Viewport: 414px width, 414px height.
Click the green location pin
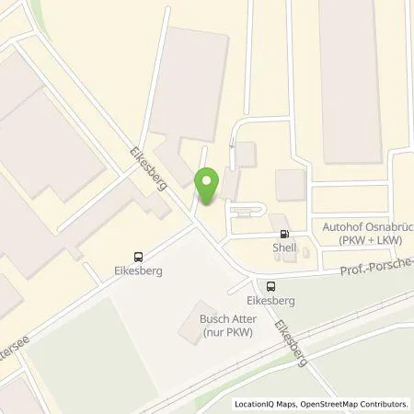click(207, 184)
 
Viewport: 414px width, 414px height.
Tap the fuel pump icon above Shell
click(283, 234)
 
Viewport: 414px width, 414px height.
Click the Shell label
click(283, 247)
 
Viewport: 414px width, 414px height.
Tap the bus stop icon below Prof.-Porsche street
click(270, 285)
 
